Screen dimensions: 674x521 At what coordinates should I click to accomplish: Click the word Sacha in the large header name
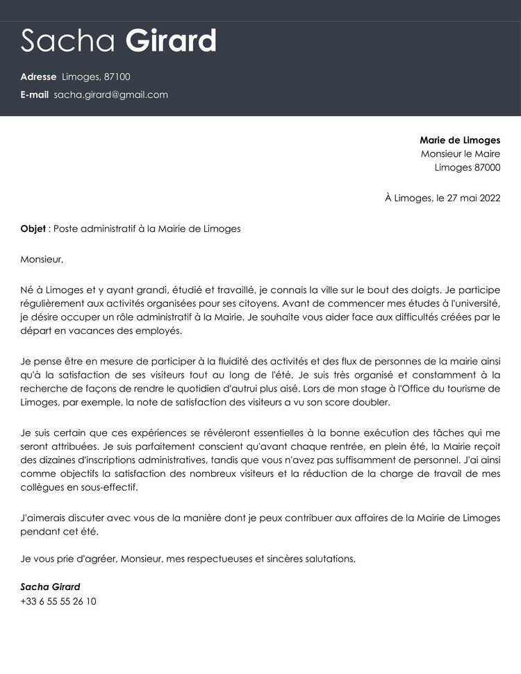[67, 42]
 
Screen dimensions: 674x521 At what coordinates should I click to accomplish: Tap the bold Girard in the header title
[171, 42]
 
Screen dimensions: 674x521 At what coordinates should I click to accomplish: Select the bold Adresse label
[38, 77]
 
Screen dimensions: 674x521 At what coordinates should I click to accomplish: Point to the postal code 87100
[117, 77]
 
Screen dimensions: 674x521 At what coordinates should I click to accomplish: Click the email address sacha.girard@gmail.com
[110, 95]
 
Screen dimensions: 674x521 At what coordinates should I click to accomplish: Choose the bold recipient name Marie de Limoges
[459, 140]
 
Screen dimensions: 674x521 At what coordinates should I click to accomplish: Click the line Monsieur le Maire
[460, 154]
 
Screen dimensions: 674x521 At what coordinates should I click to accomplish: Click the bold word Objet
[33, 228]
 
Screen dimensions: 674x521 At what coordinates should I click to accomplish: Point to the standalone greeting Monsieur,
[42, 260]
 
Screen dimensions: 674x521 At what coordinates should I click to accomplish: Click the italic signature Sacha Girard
[50, 587]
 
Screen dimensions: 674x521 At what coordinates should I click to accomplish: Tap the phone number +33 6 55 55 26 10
[58, 601]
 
